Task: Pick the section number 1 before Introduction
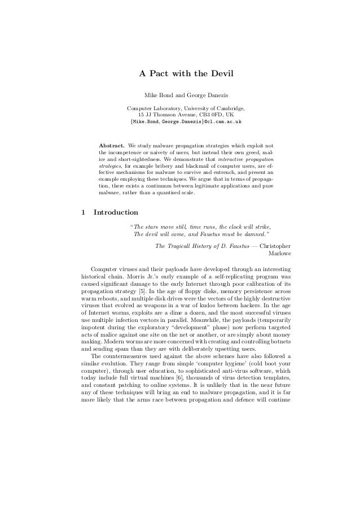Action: (x=84, y=213)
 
